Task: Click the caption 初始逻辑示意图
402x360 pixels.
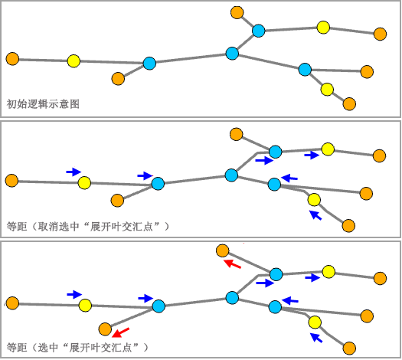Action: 43,103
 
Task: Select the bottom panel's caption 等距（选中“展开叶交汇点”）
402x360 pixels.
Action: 77,347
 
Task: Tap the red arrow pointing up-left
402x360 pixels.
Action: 232,264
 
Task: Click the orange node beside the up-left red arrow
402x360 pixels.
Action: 222,250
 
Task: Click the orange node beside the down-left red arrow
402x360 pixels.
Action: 106,329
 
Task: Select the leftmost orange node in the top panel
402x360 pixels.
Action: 12,58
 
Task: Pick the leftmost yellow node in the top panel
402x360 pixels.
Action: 74,61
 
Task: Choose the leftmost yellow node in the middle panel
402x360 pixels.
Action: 84,182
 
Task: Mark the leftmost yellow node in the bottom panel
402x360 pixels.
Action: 85,306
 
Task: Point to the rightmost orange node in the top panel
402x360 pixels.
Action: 380,34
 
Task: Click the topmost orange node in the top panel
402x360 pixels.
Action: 237,12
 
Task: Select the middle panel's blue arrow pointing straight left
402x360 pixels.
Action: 289,178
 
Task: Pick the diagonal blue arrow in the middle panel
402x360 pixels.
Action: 315,215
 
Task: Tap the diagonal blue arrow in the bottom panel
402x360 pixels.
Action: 316,336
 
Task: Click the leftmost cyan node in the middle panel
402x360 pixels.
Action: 158,183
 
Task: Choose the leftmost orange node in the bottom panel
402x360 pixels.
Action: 12,303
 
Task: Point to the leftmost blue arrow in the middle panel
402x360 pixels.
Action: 73,172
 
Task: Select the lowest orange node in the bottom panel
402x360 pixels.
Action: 350,347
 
